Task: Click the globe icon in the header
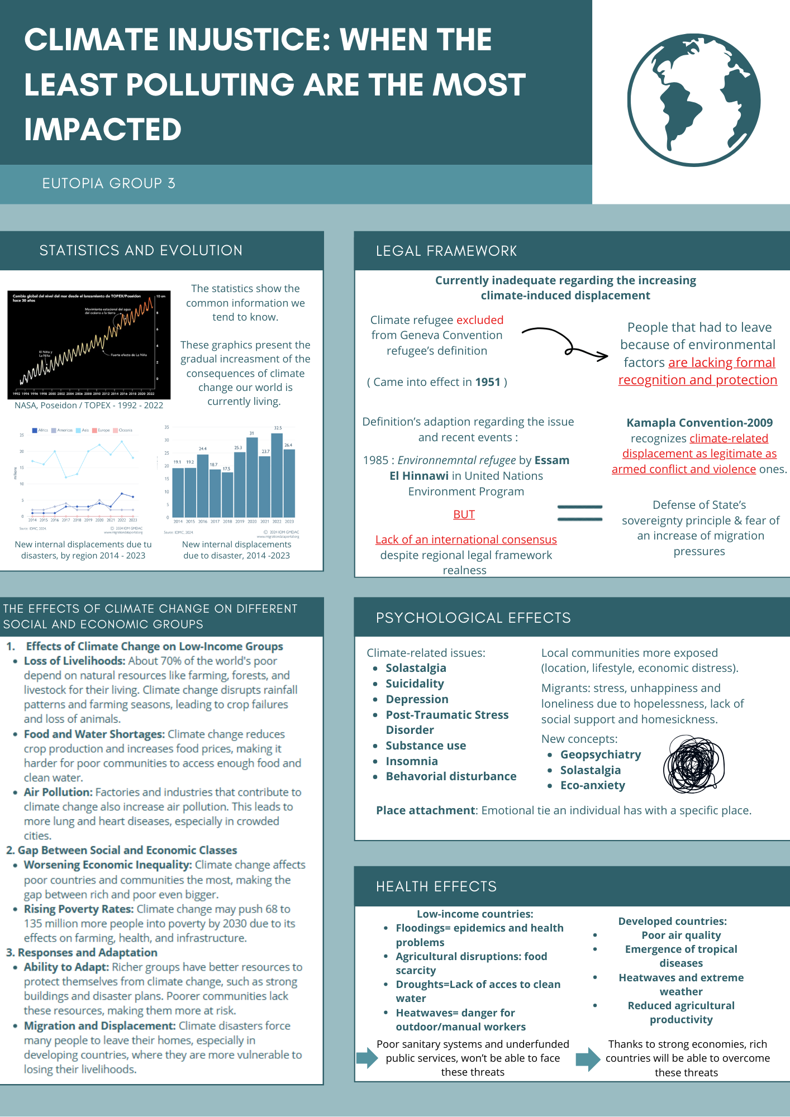tap(694, 100)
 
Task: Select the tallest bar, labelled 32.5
tap(277, 475)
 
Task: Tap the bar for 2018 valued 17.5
tap(227, 494)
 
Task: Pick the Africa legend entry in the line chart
tap(40, 431)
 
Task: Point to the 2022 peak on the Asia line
tap(122, 442)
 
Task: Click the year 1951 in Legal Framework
tap(488, 382)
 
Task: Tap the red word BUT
tap(464, 514)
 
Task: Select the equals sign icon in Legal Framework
tap(580, 513)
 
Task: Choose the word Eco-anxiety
tap(593, 785)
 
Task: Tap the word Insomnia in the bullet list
tap(412, 761)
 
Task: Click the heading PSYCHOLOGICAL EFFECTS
tap(473, 618)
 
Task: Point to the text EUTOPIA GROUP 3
tap(109, 183)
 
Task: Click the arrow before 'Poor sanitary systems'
tap(367, 1057)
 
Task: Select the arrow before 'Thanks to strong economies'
tap(588, 1058)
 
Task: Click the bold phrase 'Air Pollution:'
tap(58, 792)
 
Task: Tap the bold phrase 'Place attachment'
tap(425, 810)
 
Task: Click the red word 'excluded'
tap(480, 320)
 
